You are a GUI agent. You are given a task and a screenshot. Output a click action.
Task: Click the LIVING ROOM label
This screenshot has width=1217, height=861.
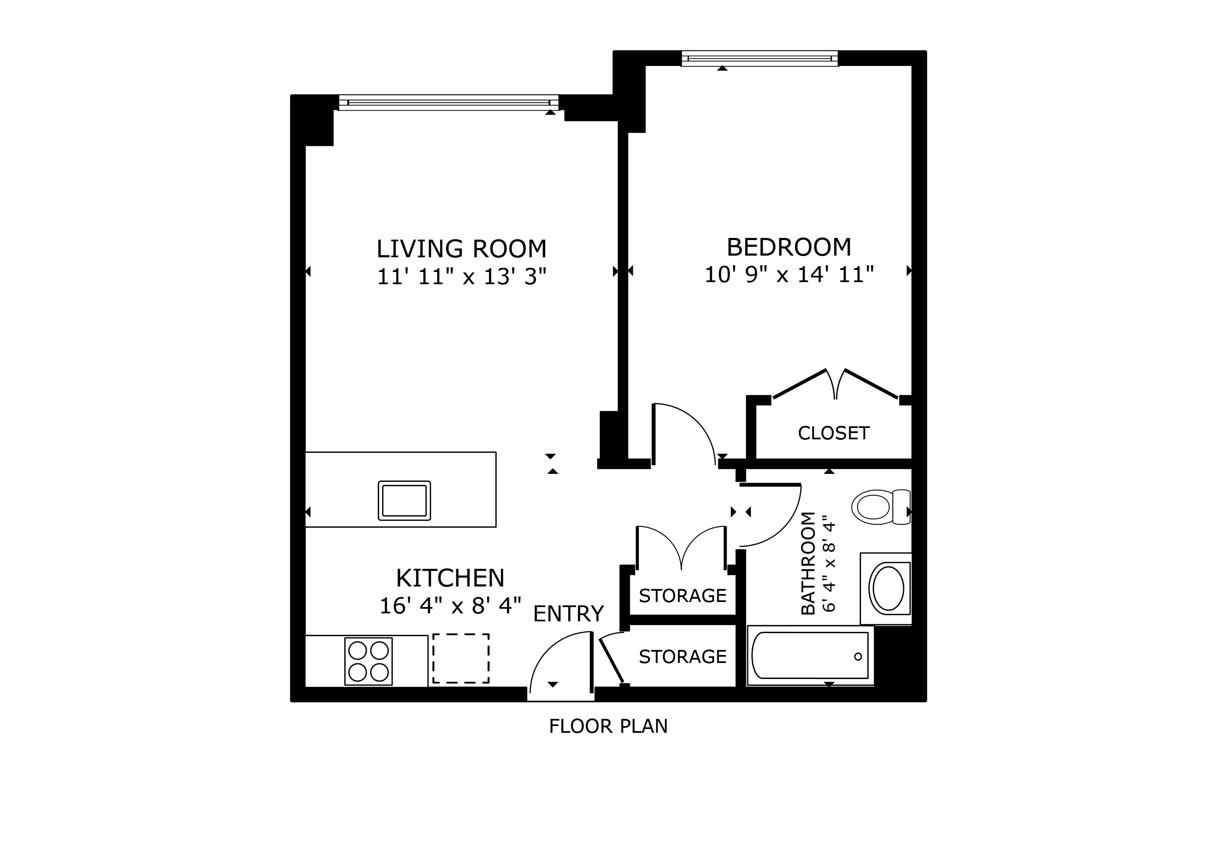click(x=461, y=248)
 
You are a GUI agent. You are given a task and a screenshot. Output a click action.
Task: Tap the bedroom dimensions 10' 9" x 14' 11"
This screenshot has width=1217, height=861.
click(x=788, y=275)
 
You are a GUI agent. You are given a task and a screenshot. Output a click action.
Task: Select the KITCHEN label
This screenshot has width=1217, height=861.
click(x=450, y=578)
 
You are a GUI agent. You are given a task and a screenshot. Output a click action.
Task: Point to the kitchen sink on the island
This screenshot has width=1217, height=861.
click(x=404, y=500)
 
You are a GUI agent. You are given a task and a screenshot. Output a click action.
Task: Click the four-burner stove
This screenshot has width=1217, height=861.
click(x=369, y=661)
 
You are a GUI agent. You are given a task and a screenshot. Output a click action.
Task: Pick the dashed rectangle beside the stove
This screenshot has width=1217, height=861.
click(x=461, y=658)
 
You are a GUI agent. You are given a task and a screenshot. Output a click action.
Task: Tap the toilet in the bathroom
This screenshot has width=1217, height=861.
click(x=880, y=507)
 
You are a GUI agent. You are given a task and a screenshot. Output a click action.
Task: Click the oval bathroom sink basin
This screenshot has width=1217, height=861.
click(x=888, y=589)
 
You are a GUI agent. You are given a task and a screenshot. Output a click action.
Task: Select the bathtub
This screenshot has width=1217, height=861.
click(x=809, y=655)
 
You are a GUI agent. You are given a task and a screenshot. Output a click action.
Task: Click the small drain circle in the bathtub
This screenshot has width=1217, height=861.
click(x=858, y=656)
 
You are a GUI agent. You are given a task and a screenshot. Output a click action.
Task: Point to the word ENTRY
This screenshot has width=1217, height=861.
click(x=568, y=614)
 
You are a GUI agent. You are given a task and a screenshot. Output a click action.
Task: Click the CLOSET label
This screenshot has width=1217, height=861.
click(x=833, y=433)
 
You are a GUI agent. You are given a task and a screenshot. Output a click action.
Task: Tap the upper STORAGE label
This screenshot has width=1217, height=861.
click(x=682, y=596)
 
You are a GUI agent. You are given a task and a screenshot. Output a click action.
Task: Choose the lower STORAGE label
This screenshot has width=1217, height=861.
click(x=682, y=657)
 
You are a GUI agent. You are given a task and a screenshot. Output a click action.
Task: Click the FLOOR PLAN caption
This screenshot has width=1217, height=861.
click(x=608, y=726)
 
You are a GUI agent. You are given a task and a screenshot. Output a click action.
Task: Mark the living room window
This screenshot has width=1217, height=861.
click(x=448, y=102)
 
